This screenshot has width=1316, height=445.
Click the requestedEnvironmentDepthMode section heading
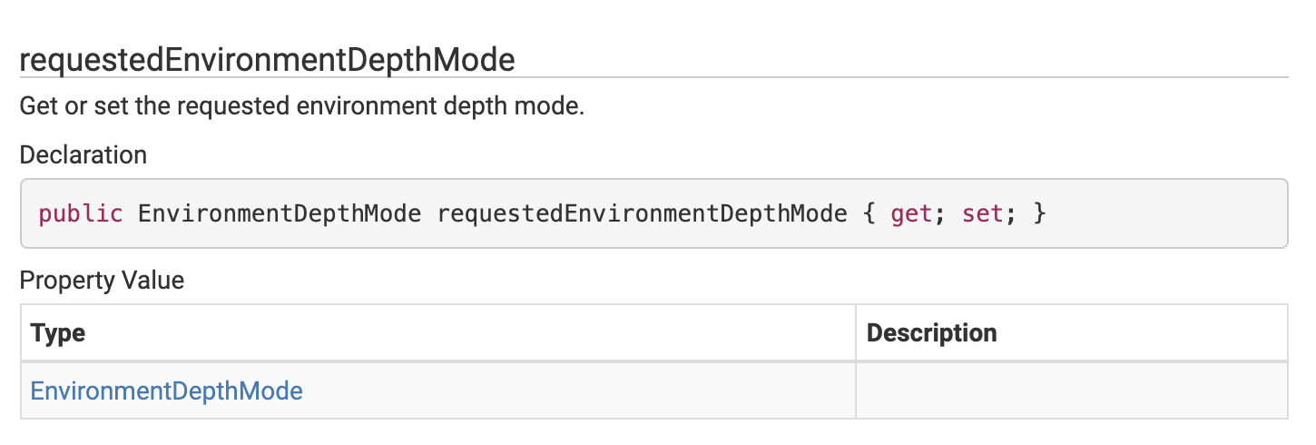tap(267, 60)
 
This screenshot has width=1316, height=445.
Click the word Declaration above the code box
tap(83, 155)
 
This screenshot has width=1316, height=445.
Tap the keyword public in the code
tap(80, 214)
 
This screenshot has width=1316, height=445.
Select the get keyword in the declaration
tap(909, 214)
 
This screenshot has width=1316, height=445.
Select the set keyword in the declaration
tap(982, 214)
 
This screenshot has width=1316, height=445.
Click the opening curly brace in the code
tap(869, 214)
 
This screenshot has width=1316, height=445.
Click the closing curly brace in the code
tap(1039, 214)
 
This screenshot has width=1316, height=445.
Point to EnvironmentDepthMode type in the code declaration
tap(280, 214)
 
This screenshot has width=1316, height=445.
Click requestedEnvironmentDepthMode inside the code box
tap(642, 214)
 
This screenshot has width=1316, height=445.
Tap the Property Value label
tap(102, 281)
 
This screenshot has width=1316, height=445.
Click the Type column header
tap(58, 333)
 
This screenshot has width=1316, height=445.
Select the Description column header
tap(931, 333)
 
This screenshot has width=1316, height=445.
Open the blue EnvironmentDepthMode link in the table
tap(167, 391)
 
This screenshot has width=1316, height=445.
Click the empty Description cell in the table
tap(1071, 391)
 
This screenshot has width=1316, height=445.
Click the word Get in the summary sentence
tap(38, 106)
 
